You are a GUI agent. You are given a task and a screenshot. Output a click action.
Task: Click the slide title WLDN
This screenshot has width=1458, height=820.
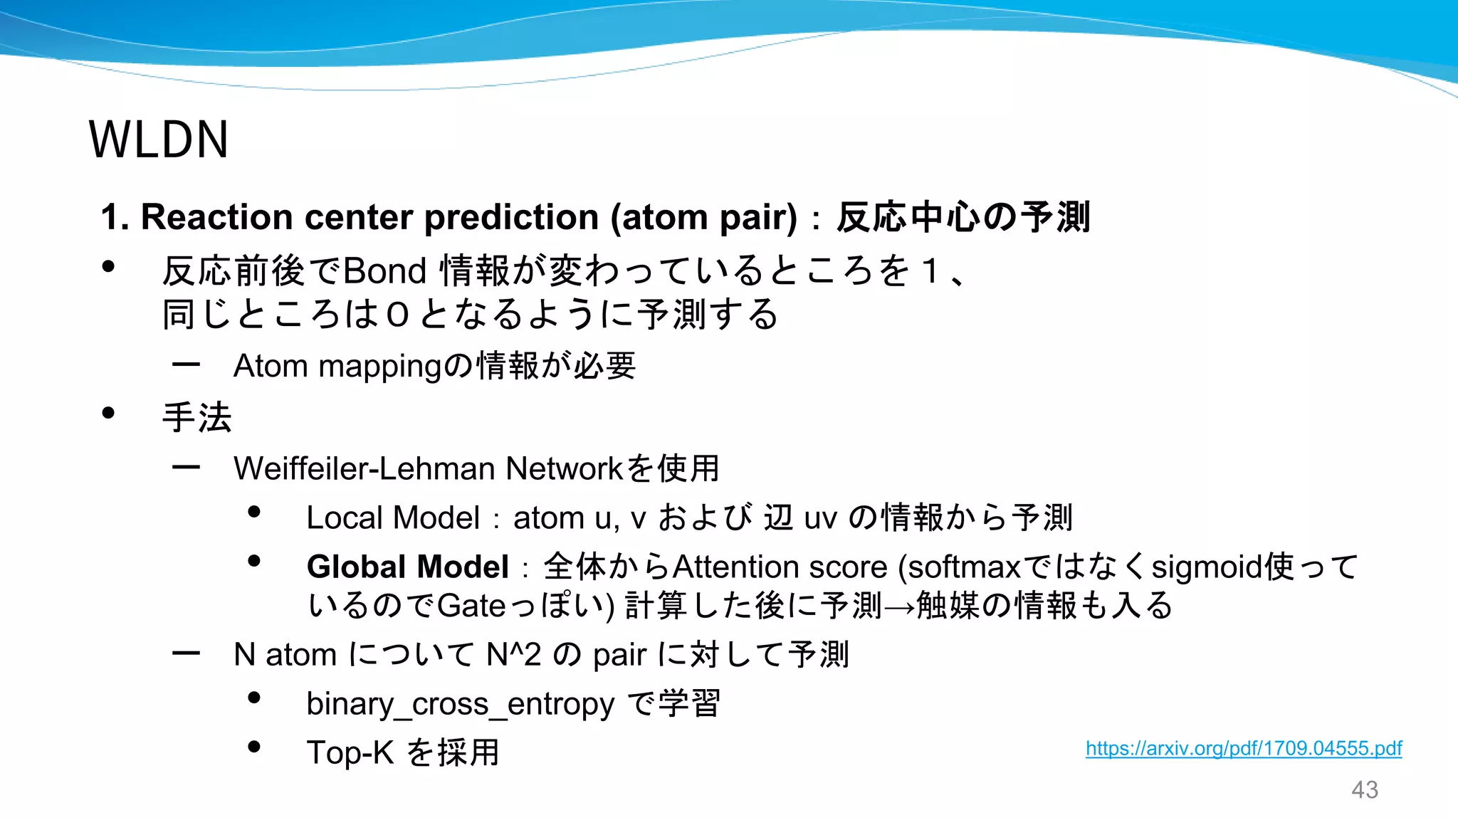click(158, 140)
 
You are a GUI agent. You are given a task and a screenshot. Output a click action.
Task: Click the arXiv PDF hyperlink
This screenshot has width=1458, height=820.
click(1243, 748)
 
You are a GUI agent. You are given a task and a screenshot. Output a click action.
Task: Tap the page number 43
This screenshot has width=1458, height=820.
click(1364, 789)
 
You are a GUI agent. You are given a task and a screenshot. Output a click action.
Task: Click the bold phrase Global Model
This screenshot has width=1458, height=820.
click(407, 567)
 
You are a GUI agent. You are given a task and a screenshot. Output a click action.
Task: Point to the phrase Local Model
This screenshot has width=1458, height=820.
click(393, 517)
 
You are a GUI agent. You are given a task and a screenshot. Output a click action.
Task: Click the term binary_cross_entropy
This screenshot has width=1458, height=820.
click(460, 704)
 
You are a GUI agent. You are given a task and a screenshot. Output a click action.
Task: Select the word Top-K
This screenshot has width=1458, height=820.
click(350, 752)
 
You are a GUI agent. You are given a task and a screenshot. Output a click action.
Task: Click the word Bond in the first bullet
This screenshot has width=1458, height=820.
click(384, 271)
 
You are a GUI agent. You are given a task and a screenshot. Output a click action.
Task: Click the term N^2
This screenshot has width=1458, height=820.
click(513, 655)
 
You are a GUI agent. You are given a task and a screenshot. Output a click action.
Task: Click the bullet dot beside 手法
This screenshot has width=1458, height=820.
click(108, 413)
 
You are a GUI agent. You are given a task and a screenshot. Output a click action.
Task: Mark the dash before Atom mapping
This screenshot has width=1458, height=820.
click(186, 365)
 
